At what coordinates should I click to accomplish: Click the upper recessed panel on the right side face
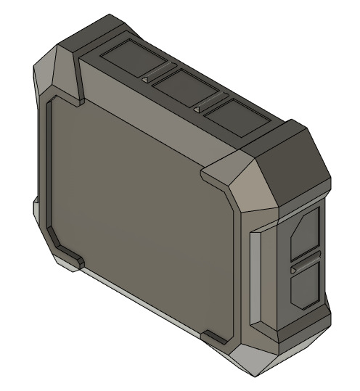coord(304,234)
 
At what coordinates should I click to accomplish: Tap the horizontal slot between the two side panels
coord(305,262)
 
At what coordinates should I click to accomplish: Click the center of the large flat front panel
coord(138,210)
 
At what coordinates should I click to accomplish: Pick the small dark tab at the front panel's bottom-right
coord(216,337)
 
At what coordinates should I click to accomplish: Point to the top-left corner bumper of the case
coord(58,69)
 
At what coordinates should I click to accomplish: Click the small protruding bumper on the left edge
coord(36,210)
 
